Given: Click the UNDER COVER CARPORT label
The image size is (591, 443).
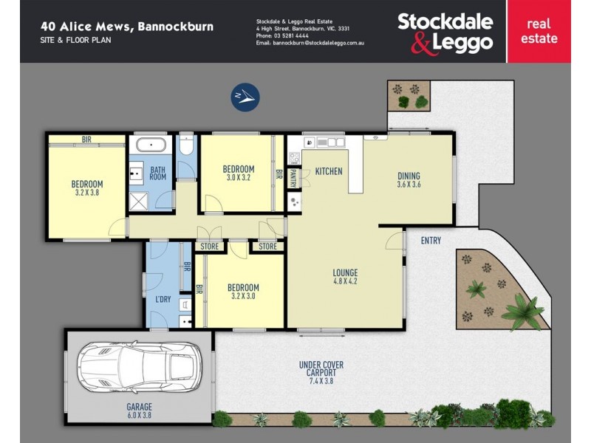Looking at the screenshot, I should [x=321, y=370].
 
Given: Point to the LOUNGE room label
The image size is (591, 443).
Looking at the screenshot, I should [x=346, y=276].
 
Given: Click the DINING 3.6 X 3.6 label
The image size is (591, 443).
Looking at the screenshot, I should [x=409, y=180].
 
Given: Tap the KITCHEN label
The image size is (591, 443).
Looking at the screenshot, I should [x=329, y=171].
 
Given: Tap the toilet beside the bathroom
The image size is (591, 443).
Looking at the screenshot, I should [x=186, y=147].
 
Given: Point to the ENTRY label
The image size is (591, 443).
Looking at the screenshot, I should [x=431, y=241].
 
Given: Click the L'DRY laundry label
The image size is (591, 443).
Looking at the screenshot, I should [x=163, y=299].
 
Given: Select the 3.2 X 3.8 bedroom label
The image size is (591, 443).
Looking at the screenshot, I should [x=86, y=188].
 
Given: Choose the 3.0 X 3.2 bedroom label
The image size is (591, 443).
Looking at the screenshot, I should [x=238, y=174].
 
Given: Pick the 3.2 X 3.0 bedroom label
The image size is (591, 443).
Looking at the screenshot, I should [x=243, y=292].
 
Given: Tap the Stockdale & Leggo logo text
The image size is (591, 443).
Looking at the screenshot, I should [x=445, y=32].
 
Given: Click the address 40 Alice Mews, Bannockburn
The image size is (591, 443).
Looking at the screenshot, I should [x=126, y=27].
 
